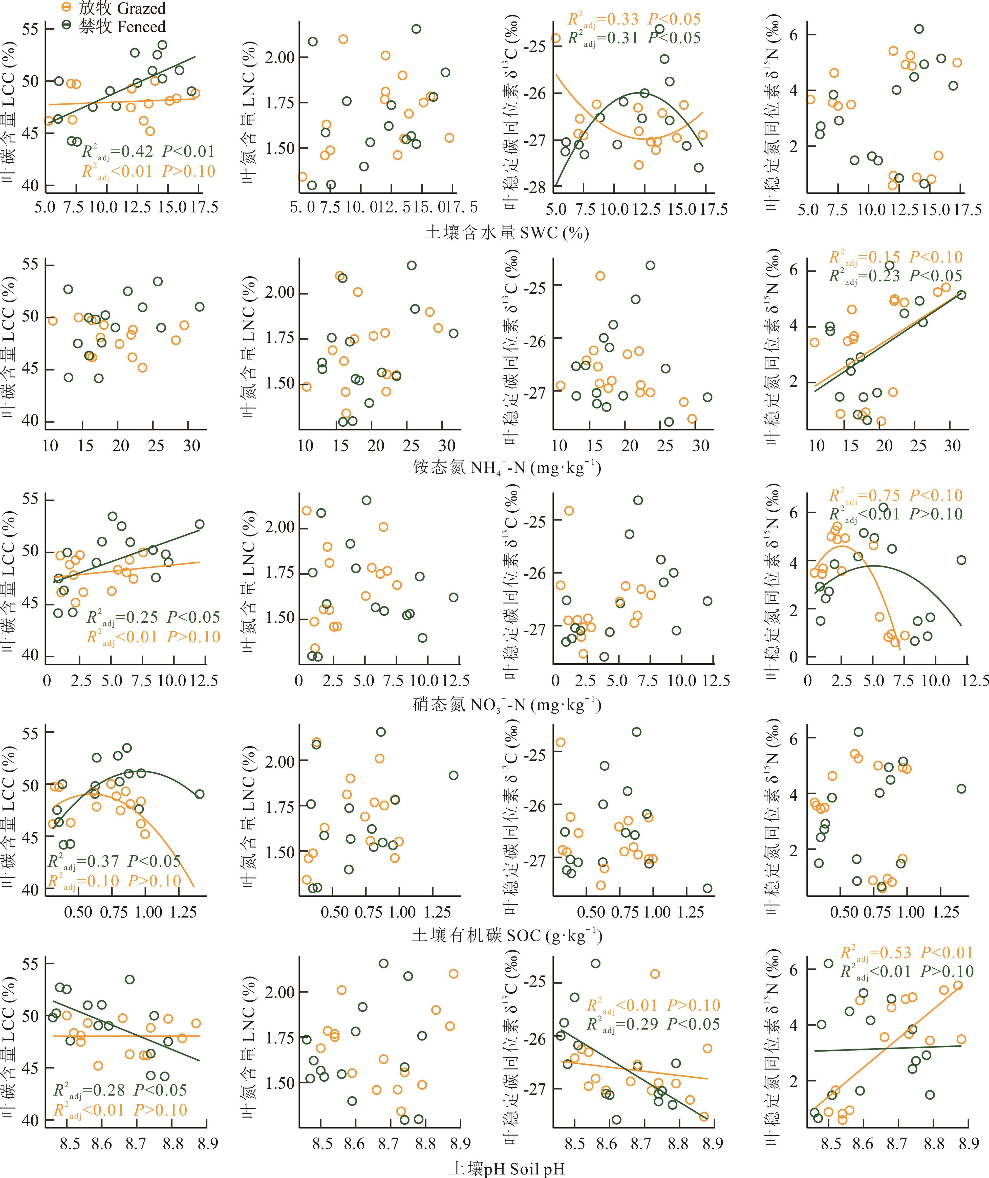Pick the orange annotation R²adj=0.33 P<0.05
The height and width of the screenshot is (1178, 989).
click(x=634, y=20)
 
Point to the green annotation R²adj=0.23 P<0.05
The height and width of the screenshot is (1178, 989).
click(x=896, y=276)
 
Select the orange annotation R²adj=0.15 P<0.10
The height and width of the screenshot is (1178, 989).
click(x=896, y=257)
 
